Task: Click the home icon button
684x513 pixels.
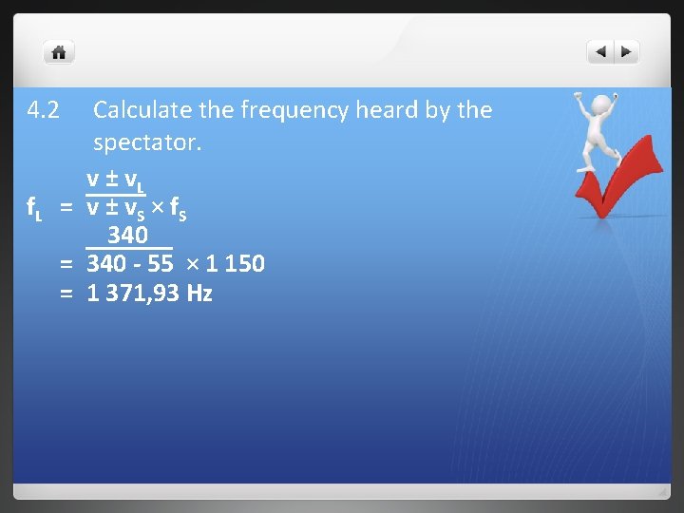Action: pos(59,52)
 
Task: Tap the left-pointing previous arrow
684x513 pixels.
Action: pos(601,52)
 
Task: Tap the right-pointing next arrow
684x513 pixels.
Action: pos(627,52)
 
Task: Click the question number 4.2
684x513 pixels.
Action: pos(44,110)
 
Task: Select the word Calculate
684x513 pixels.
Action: pos(142,110)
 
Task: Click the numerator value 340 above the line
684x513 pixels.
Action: pos(127,235)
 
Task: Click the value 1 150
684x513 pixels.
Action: pos(234,264)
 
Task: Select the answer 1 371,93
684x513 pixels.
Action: pos(134,294)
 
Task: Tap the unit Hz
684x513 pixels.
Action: pos(199,294)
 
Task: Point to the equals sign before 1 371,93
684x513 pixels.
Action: pos(66,294)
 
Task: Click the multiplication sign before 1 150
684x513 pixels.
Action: pos(188,264)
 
